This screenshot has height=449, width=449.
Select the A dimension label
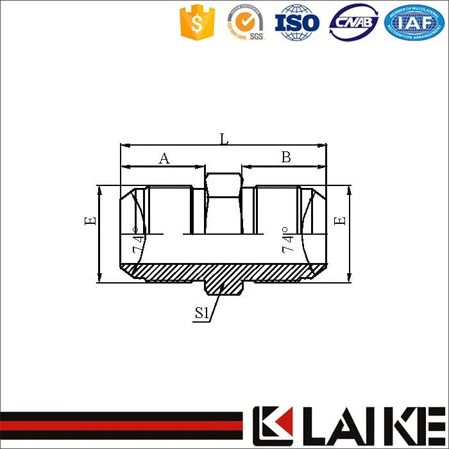(164, 158)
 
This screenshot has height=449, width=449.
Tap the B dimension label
(286, 157)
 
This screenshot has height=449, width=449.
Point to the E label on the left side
(90, 220)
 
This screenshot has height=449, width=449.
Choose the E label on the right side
(341, 220)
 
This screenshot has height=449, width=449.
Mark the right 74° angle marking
(288, 239)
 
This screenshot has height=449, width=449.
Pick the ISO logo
(297, 23)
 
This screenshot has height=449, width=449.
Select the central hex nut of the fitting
(223, 202)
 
